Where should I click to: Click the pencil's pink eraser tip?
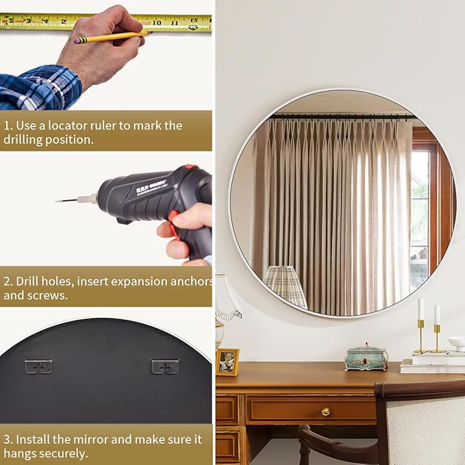click(x=77, y=40)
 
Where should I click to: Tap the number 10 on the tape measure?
click(x=157, y=23)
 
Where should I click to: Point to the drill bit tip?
click(x=56, y=201)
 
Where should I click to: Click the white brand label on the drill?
click(x=151, y=186)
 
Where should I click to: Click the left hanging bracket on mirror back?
click(x=38, y=367)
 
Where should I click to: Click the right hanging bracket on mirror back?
click(x=165, y=366)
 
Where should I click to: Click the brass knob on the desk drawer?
click(x=325, y=412)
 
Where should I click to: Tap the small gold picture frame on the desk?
click(x=227, y=362)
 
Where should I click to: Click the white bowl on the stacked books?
click(x=457, y=344)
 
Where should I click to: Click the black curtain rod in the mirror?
click(x=341, y=117)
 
